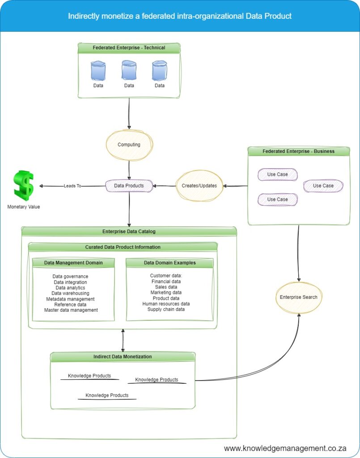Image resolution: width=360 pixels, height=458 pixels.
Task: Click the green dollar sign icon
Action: point(24,185)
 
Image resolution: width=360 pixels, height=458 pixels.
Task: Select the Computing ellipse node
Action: point(129,144)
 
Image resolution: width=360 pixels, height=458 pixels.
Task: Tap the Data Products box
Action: point(129,186)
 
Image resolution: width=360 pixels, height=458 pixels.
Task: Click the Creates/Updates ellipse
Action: point(199,186)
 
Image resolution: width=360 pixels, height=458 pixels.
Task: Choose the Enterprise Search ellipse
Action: point(298,297)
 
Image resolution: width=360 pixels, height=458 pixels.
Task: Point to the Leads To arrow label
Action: point(72,186)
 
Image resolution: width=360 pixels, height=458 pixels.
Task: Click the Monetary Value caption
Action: point(23,207)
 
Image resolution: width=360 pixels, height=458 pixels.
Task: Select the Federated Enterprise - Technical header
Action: point(129,48)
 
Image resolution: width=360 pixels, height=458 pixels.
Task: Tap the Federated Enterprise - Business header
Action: point(298,151)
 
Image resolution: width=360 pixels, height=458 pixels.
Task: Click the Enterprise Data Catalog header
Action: point(129,231)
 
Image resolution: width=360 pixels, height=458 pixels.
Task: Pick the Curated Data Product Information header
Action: point(123,247)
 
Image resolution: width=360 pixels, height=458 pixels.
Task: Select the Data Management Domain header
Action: point(73,263)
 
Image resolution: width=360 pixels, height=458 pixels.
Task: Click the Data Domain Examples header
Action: point(169,263)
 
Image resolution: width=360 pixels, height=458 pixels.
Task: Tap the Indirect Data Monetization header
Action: point(123,356)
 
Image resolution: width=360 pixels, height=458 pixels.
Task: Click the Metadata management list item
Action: point(70,299)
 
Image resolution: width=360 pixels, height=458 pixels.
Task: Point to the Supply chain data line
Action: point(166,309)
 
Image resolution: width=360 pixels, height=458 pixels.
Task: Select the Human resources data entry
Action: point(166,304)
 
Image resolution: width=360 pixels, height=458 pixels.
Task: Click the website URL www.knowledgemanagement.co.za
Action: point(285,448)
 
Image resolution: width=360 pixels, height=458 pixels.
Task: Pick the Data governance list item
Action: point(70,276)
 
